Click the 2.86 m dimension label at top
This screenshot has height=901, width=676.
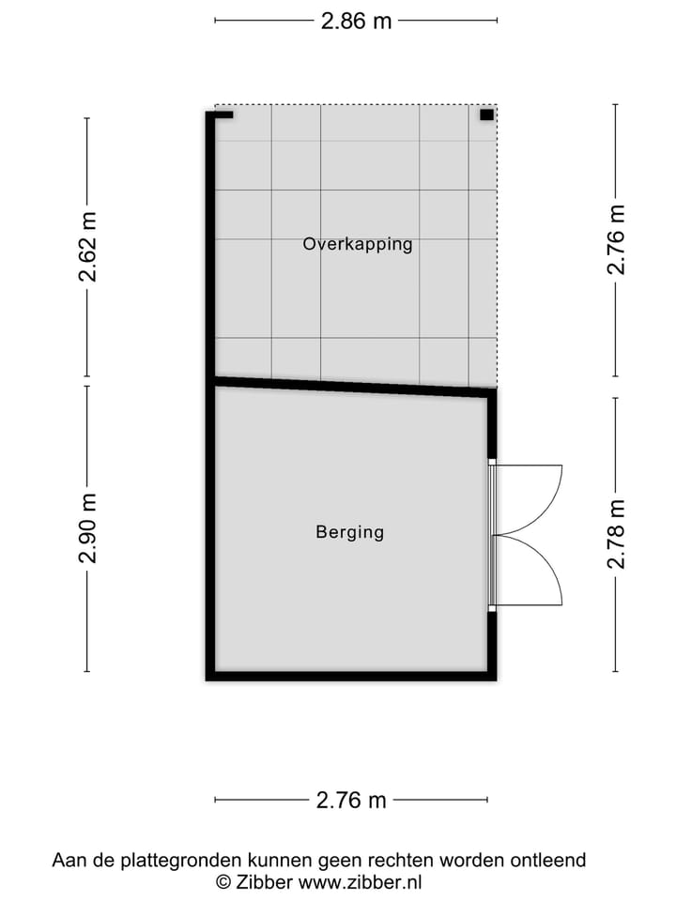click(x=356, y=21)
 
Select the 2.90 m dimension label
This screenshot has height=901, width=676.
click(x=87, y=527)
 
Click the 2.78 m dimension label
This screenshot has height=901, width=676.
click(x=616, y=534)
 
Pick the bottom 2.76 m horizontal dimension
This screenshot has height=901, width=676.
click(x=351, y=801)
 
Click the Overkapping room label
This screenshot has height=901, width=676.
click(x=357, y=244)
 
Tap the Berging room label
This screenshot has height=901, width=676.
click(x=349, y=532)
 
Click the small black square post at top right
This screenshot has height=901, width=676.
click(x=486, y=115)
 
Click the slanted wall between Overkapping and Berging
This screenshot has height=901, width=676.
click(x=352, y=386)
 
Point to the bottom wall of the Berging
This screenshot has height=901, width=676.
click(x=351, y=676)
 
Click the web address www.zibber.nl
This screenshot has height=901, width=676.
click(x=361, y=882)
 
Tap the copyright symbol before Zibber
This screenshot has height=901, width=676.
click(x=223, y=882)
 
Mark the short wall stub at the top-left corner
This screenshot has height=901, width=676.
click(x=223, y=115)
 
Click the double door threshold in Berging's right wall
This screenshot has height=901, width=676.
click(x=492, y=536)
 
